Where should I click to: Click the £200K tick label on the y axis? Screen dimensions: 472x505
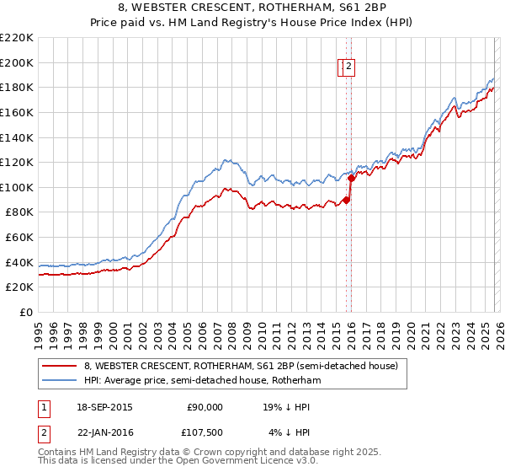17,62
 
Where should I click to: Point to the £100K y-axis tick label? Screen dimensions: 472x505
17,187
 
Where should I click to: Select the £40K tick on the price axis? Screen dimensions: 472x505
19,262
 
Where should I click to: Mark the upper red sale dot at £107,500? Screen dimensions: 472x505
351,178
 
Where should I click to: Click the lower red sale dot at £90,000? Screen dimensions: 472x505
346,200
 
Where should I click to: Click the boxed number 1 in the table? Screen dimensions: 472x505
42,407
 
